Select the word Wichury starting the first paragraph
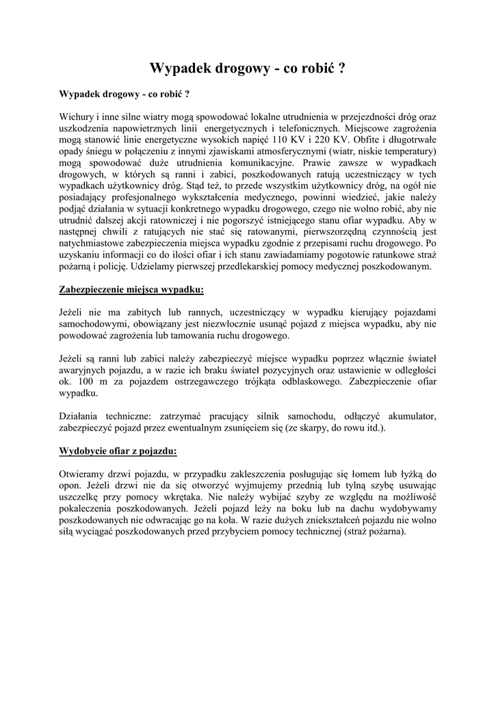[x=77, y=115]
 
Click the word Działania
[x=82, y=416]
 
